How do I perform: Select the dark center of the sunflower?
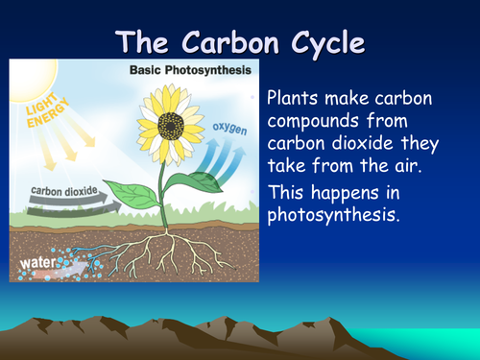(172, 124)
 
